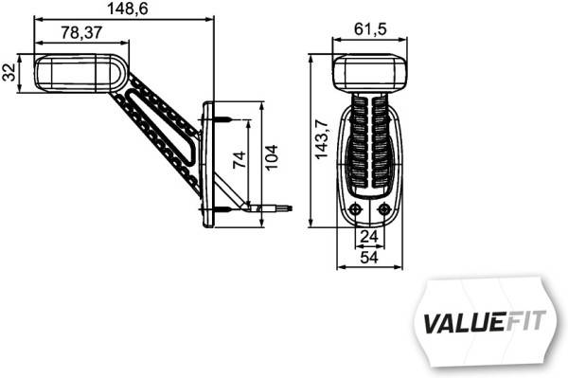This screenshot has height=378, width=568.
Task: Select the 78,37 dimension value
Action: (x=81, y=33)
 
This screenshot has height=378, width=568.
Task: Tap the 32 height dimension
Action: (x=9, y=73)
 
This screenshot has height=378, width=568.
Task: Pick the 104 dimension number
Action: (x=273, y=156)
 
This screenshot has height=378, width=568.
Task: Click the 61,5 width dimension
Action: (x=369, y=29)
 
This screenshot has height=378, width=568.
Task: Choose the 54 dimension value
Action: (x=369, y=257)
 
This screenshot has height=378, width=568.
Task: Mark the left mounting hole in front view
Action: (x=355, y=209)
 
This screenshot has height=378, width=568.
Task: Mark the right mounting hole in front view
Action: (x=383, y=209)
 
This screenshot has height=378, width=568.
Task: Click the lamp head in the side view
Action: (x=76, y=74)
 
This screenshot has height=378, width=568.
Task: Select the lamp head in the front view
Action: (x=370, y=73)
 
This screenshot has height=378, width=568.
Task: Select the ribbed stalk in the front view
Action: (x=369, y=142)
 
